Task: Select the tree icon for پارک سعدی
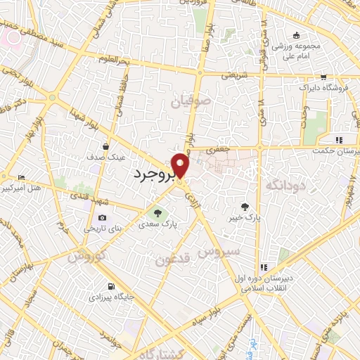(157, 213)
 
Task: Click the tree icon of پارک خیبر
(244, 207)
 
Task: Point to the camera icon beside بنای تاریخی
(103, 218)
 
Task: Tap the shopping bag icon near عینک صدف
(105, 147)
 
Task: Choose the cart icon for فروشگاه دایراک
(323, 77)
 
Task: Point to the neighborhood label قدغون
(172, 260)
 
